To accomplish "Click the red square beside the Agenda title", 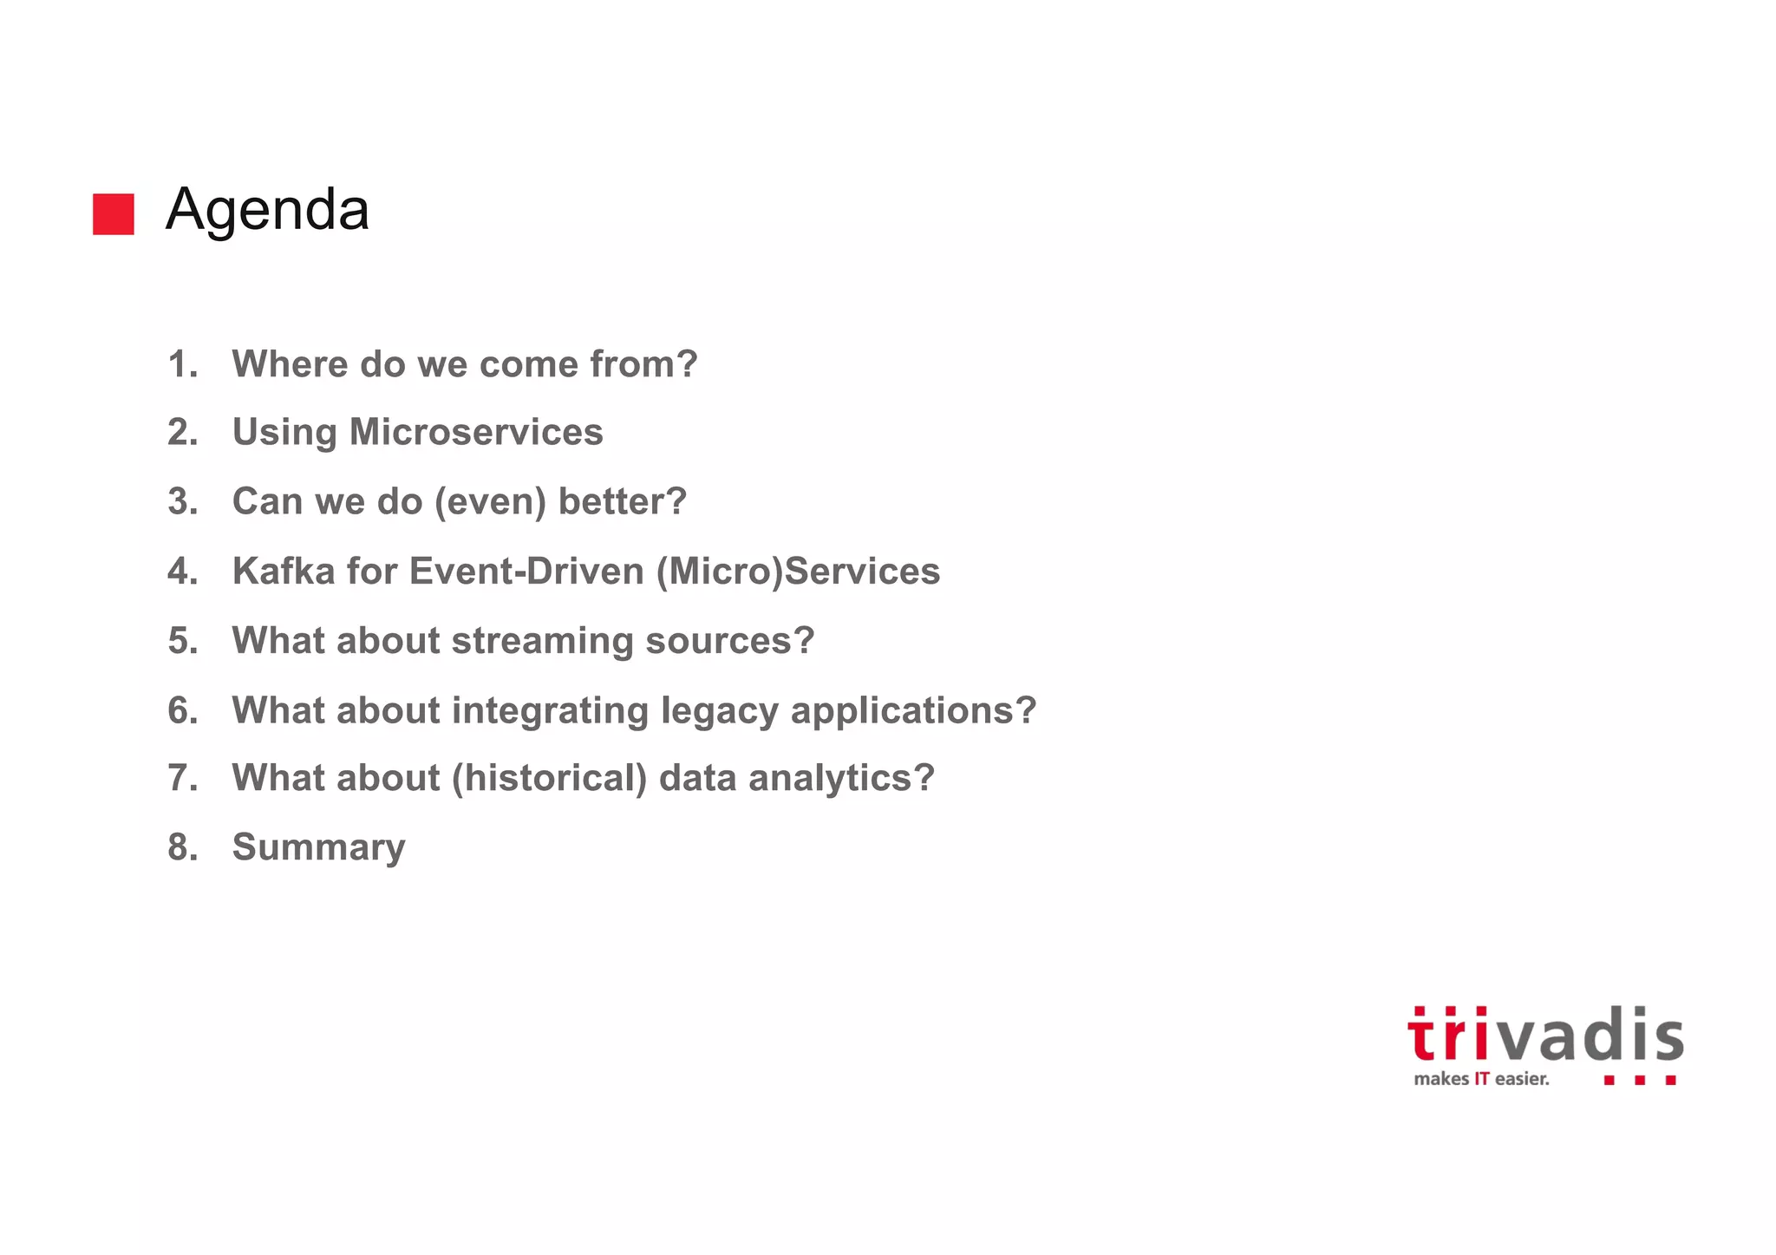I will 114,213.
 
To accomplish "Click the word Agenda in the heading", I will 267,210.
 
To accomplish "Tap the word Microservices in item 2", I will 476,432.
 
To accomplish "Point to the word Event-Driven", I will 526,571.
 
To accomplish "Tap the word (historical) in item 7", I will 550,778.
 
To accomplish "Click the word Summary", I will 318,847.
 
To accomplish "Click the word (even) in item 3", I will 490,501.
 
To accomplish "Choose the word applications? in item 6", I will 913,710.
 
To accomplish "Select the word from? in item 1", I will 643,364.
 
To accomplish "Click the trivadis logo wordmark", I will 1545,1035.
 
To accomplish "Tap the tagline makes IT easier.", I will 1481,1079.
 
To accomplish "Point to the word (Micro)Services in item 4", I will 798,571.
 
